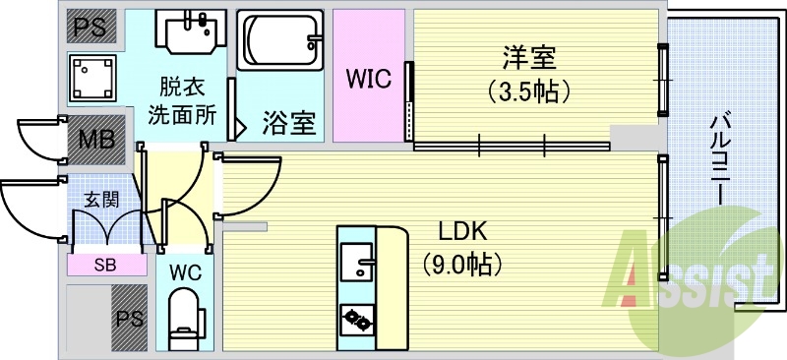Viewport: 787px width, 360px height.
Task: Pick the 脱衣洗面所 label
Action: tap(182, 100)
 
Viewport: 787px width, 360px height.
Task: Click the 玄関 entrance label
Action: tap(100, 200)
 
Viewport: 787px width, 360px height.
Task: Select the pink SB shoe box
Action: tap(103, 264)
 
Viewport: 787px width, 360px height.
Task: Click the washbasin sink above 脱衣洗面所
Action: tap(191, 33)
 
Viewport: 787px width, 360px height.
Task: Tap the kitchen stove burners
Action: tap(356, 318)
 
